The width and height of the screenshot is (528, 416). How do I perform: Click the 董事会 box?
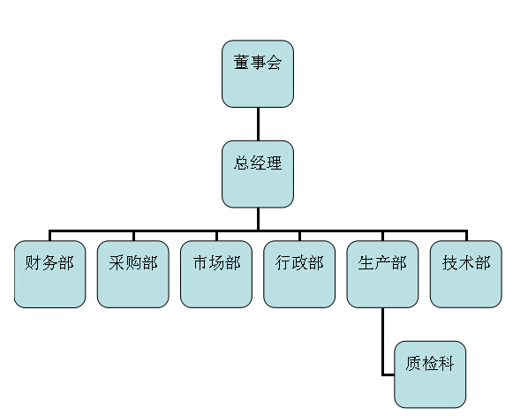(258, 74)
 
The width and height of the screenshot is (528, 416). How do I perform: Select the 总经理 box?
(258, 174)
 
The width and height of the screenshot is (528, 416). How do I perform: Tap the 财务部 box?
(49, 274)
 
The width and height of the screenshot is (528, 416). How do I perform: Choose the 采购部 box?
(133, 274)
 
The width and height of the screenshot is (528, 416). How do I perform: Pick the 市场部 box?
(216, 274)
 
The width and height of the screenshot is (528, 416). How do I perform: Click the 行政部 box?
(299, 274)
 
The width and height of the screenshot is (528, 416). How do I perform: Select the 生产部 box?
(382, 274)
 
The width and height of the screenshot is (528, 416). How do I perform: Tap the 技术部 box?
(466, 274)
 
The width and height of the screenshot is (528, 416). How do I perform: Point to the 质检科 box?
(430, 374)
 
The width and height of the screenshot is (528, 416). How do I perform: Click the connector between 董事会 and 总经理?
(258, 124)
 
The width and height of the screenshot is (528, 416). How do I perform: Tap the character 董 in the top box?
(241, 63)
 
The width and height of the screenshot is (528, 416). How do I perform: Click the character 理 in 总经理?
(274, 163)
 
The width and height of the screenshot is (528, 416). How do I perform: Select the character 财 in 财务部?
(33, 262)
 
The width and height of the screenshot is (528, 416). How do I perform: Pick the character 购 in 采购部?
(133, 262)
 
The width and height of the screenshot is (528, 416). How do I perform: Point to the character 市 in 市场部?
(200, 262)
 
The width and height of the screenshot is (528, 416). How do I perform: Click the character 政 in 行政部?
(299, 262)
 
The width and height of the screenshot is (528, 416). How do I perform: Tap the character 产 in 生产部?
(383, 262)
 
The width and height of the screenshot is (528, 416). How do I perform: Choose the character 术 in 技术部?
(466, 262)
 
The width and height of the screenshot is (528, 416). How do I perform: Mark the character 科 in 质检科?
(446, 363)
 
